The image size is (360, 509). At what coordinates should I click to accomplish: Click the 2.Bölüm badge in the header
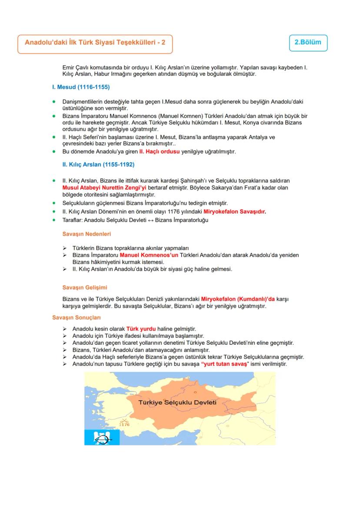(x=308, y=43)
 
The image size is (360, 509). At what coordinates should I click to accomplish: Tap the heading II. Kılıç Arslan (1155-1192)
(x=98, y=165)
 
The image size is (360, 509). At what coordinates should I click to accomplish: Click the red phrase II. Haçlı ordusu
(x=159, y=152)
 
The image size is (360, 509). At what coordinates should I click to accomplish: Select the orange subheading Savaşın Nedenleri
(x=87, y=234)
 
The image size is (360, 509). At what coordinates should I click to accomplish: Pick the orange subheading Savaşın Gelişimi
(x=85, y=288)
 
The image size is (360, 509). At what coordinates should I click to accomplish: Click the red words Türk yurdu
(x=141, y=328)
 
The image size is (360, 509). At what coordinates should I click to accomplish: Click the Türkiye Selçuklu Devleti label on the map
(x=177, y=402)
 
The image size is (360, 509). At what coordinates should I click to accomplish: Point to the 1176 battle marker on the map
(x=124, y=422)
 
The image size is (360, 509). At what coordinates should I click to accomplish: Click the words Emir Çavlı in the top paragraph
(x=75, y=68)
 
